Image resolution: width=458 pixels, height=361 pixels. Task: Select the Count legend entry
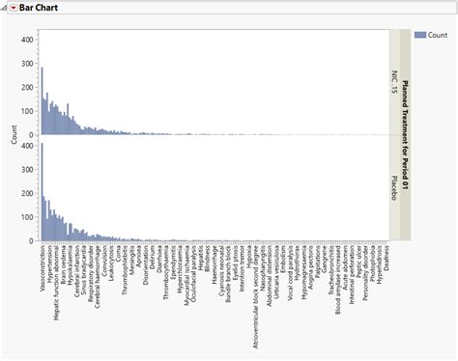click(x=437, y=35)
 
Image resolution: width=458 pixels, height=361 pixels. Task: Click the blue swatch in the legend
click(x=419, y=35)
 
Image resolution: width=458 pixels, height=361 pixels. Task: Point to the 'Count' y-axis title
click(x=13, y=135)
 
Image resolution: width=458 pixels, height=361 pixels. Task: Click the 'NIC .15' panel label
click(x=394, y=82)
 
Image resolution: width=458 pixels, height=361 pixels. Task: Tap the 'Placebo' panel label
click(x=394, y=188)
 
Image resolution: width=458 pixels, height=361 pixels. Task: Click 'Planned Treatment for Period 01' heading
click(x=405, y=135)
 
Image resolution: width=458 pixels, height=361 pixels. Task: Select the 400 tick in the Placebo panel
click(x=29, y=146)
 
